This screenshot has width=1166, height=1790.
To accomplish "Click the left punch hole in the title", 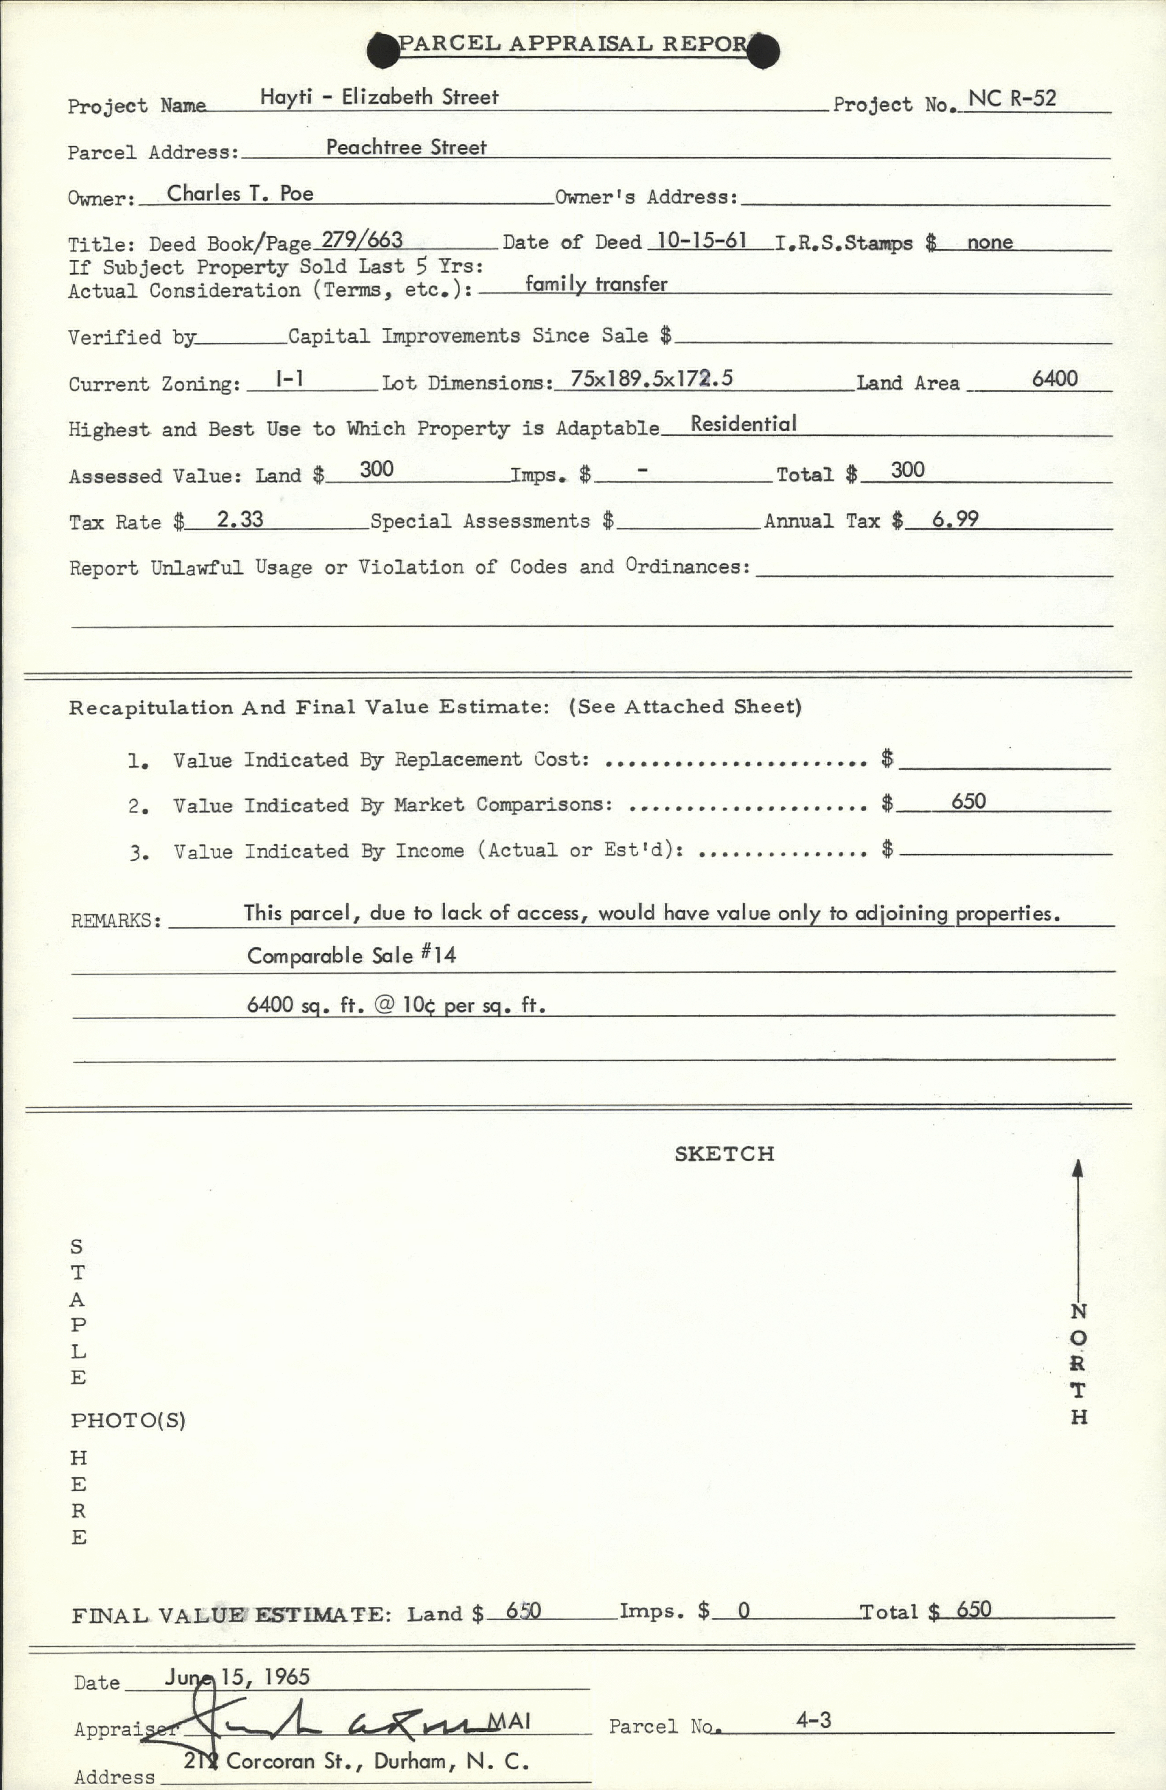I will pos(384,50).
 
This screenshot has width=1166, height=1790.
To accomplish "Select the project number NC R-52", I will pos(1012,99).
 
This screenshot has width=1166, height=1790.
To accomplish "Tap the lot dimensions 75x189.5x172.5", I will pos(651,378).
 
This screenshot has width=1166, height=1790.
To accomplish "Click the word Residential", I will pos(743,424).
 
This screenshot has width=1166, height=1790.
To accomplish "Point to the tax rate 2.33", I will pos(240,519).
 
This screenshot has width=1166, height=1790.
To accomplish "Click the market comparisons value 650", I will pos(968,801).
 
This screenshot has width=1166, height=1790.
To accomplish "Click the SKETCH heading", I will pos(724,1154).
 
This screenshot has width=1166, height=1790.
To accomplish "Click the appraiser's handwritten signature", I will pos(338,1722).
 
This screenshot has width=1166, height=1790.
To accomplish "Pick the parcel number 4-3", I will pos(813,1720).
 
